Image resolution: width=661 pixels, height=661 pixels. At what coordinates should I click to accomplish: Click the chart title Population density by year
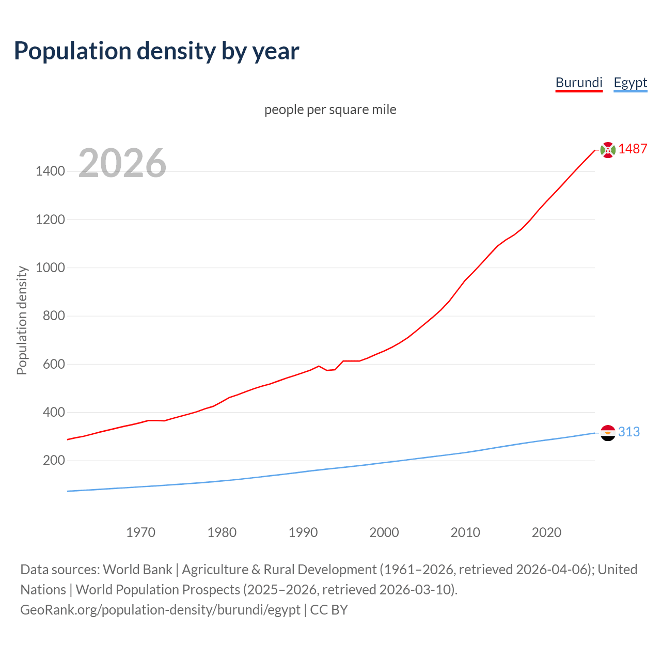coord(156,51)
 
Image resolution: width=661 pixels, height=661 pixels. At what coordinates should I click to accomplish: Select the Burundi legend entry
coord(579,83)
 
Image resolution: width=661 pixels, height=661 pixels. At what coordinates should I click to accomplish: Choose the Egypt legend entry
coord(630,83)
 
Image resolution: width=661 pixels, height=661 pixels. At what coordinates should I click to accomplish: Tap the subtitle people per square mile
coord(330,109)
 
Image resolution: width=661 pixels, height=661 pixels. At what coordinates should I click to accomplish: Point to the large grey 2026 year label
coord(122,163)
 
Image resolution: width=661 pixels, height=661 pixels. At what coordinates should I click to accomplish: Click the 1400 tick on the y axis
coord(50,171)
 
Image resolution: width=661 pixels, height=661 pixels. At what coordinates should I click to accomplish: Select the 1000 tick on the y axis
coord(50,267)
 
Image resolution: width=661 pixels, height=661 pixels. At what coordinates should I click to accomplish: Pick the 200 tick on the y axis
coord(54,460)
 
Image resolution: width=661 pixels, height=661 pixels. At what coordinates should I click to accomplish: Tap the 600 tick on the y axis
coord(54,364)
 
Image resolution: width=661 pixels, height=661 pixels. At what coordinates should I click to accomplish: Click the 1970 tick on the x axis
coord(140,532)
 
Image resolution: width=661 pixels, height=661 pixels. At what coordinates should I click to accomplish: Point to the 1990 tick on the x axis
coord(303,532)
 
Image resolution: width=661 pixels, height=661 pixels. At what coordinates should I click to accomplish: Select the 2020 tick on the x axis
coord(546,532)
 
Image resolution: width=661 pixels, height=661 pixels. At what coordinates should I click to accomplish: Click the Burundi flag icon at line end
coord(608,150)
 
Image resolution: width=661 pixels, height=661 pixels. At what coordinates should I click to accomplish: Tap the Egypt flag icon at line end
coord(608,433)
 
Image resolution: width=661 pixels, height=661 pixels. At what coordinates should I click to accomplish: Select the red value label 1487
coord(633,149)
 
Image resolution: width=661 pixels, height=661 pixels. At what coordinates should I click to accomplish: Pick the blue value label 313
coord(629,432)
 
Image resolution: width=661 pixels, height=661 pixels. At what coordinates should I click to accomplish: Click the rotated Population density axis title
coord(22,320)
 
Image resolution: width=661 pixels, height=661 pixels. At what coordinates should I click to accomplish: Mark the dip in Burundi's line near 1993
coord(327,370)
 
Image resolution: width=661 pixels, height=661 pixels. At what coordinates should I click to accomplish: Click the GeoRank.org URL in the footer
coord(160,610)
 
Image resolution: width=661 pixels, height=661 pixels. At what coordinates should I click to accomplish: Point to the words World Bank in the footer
coord(137,570)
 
